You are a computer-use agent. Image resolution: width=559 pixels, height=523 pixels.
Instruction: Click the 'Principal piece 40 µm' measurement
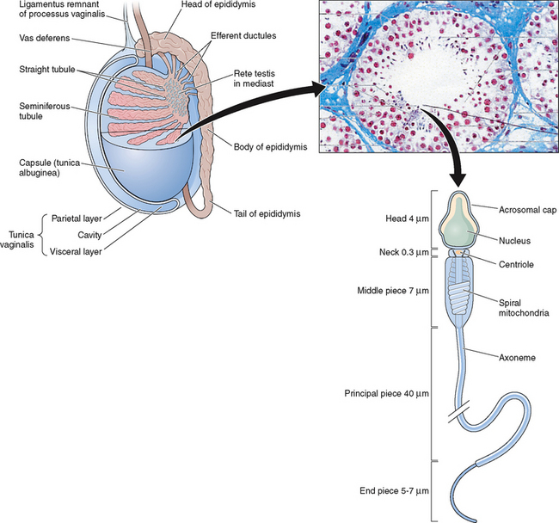(388, 393)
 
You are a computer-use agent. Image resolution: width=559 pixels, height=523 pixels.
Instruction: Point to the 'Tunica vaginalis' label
(18, 237)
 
